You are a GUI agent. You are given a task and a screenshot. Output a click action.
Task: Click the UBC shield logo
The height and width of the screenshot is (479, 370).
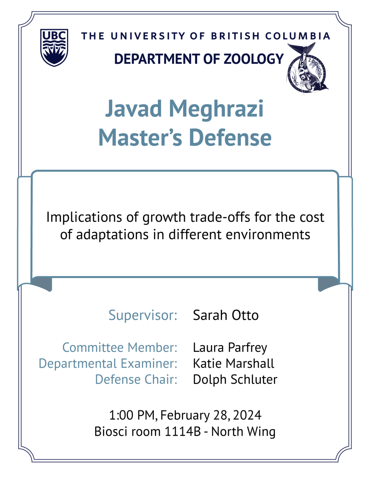coord(54,47)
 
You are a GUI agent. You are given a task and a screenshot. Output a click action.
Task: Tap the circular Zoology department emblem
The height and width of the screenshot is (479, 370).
coord(308,69)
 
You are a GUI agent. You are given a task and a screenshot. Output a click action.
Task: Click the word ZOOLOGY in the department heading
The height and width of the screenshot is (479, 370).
coord(254,59)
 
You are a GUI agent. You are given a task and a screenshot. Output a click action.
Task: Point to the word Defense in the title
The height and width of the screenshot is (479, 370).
coord(230,138)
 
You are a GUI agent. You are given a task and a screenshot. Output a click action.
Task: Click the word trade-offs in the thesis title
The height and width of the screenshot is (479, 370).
coord(220,217)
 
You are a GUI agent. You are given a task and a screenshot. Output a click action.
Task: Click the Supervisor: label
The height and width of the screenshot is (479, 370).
coord(143,315)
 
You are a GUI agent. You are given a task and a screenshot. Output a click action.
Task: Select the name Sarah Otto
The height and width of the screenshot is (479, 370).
coord(226,315)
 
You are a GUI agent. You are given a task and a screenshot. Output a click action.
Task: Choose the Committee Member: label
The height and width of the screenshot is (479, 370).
coord(120,348)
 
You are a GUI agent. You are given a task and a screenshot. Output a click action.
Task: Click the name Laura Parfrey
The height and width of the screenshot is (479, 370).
coord(230,348)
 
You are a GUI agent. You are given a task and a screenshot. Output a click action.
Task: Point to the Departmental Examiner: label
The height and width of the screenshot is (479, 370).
coord(108,364)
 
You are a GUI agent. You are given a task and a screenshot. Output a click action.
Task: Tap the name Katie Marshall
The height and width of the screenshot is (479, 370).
coord(233,364)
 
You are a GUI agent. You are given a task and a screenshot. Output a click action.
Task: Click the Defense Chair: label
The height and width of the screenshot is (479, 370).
coord(136,380)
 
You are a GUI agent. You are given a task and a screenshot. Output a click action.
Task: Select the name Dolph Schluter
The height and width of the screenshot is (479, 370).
coord(235,380)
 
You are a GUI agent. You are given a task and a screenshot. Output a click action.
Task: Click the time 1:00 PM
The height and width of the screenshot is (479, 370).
coord(133,415)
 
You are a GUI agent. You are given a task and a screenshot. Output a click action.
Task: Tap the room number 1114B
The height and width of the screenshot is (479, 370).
coord(182,432)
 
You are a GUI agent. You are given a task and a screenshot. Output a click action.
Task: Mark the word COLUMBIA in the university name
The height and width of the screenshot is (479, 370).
coord(298,36)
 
